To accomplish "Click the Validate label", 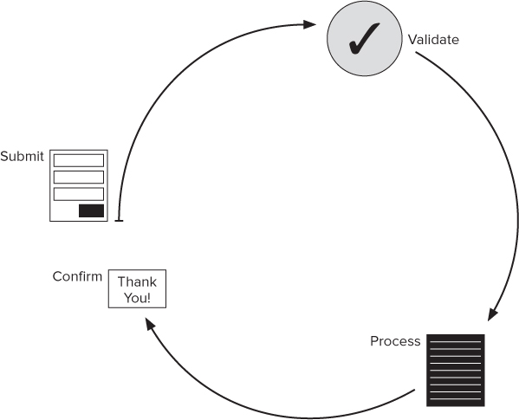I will tap(433, 40).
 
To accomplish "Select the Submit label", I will tap(22, 157).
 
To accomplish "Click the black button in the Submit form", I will tap(91, 210).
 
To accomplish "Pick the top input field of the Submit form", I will tap(79, 160).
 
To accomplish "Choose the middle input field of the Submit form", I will tap(79, 177).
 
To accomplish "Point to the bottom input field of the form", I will tap(79, 193).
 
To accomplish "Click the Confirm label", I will tap(77, 277).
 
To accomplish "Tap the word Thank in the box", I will tap(137, 282).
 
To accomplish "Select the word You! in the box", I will tap(137, 297).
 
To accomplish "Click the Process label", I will tap(395, 341).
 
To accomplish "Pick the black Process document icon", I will tap(455, 371).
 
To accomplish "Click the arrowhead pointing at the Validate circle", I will tap(310, 25).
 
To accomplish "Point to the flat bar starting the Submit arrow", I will tap(118, 222).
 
